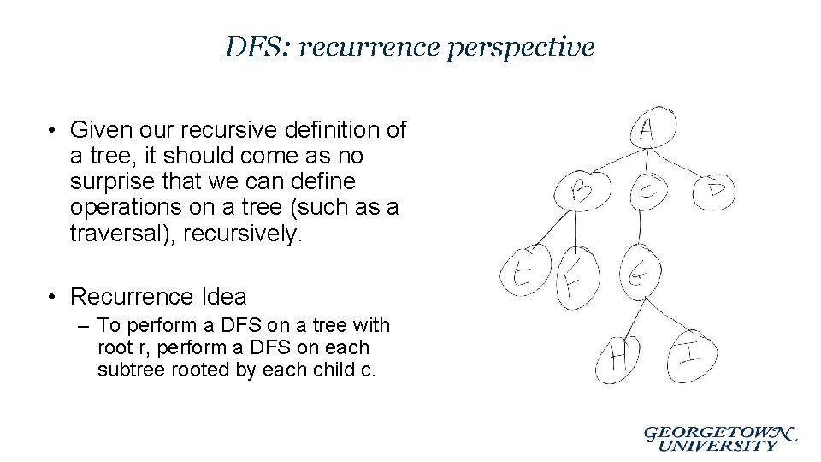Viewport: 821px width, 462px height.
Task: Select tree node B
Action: coord(582,191)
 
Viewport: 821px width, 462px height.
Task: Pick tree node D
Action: coord(714,190)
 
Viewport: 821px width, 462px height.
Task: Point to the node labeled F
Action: coord(576,279)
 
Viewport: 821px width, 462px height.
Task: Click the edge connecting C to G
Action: coord(641,228)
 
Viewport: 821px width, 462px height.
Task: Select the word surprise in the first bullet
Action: coord(113,182)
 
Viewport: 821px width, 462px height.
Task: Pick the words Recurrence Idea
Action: coord(158,297)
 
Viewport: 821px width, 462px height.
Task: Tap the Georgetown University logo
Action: coord(719,438)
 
